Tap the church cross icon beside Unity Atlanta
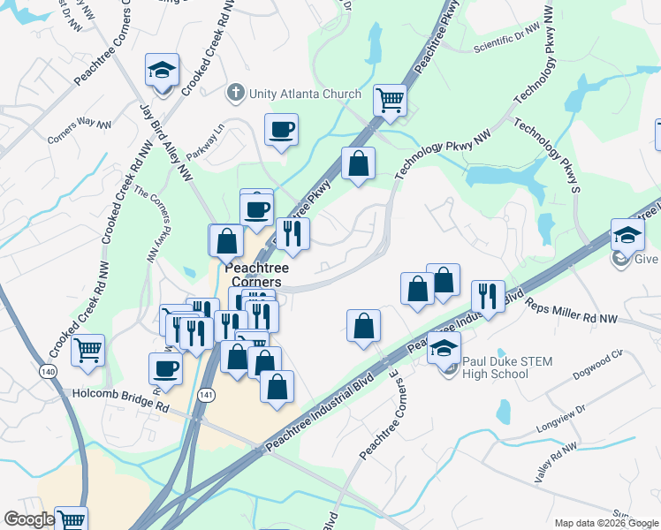pos(235,92)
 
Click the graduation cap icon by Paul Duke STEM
pos(444,347)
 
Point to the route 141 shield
pos(207,393)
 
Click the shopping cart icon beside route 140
pos(87,350)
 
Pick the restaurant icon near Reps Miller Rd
pos(487,296)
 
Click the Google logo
pos(29,519)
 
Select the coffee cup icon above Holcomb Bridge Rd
pos(165,367)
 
